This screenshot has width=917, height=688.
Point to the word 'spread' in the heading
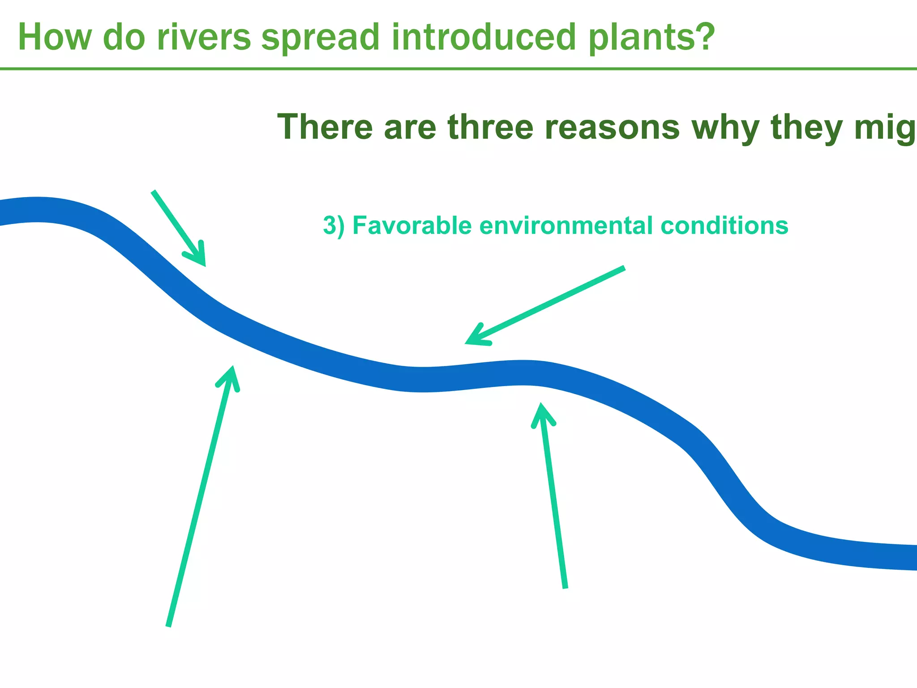[x=321, y=38]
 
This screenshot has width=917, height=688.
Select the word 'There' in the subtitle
[x=325, y=127]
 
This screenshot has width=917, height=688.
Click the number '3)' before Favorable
[x=334, y=225]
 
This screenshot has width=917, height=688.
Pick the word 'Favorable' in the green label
[x=412, y=225]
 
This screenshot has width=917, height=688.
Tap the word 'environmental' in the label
[x=566, y=225]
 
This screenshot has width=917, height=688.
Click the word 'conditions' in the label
[x=724, y=225]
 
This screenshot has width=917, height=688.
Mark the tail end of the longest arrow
[x=168, y=625]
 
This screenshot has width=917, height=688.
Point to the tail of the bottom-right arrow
[x=565, y=587]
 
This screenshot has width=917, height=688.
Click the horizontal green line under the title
[x=458, y=69]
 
